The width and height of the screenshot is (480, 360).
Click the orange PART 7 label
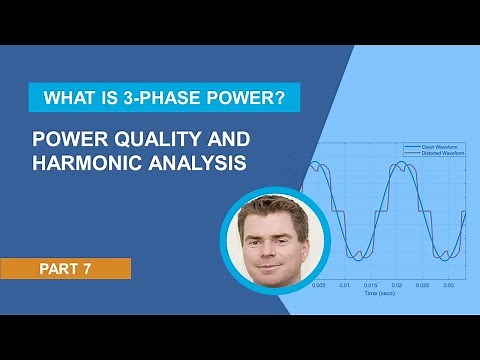pos(66,268)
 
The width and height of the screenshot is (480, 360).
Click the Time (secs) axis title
pos(385,294)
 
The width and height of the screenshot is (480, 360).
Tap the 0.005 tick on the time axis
pos(318,286)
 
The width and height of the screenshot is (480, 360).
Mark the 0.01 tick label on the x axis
pos(345,286)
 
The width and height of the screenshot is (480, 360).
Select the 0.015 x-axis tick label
pos(371,286)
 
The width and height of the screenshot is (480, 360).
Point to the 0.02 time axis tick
pos(398,286)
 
